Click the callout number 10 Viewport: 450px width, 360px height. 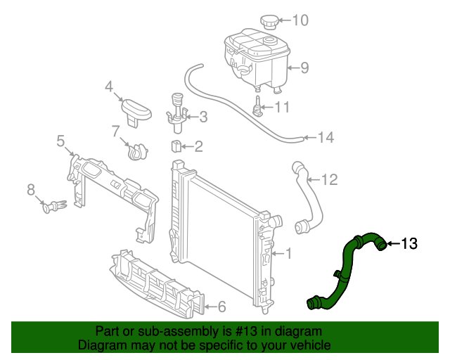(300, 20)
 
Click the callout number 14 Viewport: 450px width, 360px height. (326, 138)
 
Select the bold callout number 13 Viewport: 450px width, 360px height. (409, 244)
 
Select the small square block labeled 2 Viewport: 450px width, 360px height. (177, 146)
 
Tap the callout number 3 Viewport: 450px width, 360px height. (202, 117)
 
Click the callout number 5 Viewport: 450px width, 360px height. (60, 140)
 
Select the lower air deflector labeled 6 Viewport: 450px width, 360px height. (155, 285)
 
